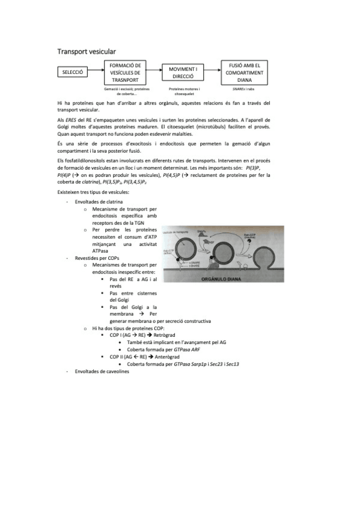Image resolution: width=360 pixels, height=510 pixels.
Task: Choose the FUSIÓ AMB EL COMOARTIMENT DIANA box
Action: click(x=245, y=73)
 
